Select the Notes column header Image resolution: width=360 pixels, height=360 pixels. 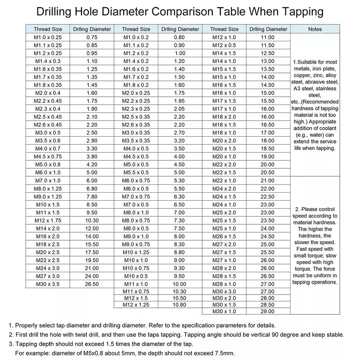315,29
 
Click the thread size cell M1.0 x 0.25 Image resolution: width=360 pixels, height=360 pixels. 48,37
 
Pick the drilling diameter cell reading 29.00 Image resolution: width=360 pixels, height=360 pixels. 268,311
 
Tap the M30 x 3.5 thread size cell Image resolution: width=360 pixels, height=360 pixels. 48,284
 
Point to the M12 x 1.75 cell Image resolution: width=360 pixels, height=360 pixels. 48,220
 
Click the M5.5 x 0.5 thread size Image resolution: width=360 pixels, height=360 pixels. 136,172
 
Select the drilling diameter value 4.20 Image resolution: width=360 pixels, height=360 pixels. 92,164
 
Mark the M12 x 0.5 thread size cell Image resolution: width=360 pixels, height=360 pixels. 224,45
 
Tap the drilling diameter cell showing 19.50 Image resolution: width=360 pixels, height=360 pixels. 92,260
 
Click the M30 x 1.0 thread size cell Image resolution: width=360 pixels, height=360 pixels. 224,311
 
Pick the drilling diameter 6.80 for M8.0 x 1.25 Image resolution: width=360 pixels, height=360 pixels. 92,189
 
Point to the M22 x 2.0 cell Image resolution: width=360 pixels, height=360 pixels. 224,165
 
